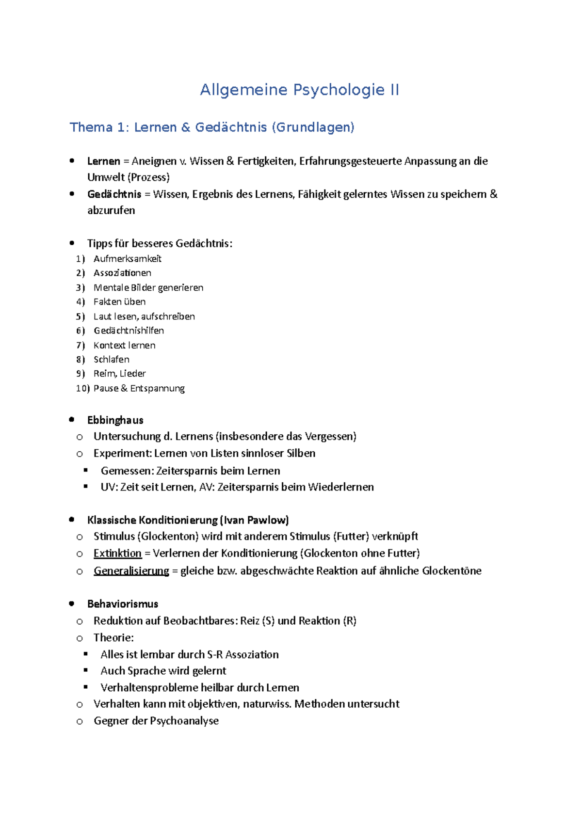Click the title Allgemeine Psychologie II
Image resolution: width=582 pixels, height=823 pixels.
[x=299, y=90]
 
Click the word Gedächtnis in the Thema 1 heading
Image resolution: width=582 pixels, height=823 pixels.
[x=231, y=127]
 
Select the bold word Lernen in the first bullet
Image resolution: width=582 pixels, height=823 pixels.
[x=103, y=161]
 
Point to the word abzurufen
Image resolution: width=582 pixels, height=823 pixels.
[x=111, y=210]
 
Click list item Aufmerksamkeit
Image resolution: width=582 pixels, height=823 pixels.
[x=127, y=259]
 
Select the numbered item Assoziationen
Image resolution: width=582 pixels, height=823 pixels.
[x=122, y=273]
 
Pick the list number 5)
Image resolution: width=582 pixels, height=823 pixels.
[x=81, y=317]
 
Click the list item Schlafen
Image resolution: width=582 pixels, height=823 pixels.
[x=112, y=360]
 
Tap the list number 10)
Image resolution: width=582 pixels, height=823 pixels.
[x=82, y=388]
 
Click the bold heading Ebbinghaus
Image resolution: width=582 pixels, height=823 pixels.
[x=115, y=420]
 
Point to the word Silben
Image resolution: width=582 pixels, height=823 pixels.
[x=301, y=453]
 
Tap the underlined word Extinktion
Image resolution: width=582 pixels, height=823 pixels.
[x=117, y=554]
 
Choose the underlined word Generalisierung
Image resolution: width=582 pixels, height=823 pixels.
[x=131, y=571]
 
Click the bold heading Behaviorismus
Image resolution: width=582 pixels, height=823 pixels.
[x=123, y=604]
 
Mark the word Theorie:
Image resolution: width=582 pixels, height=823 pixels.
[x=113, y=638]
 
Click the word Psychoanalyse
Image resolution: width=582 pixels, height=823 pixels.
[x=184, y=721]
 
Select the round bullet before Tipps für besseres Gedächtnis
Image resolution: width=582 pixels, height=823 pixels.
[x=72, y=243]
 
